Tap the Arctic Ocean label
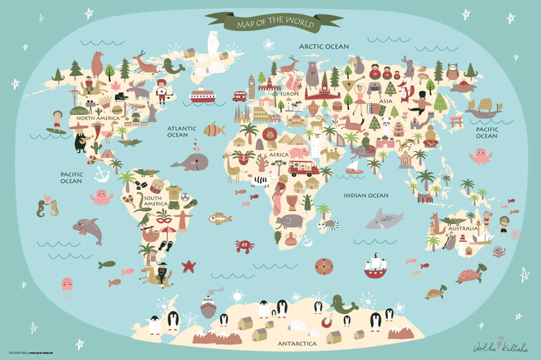324,46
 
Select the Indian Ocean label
366,196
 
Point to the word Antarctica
297,344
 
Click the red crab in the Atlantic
244,246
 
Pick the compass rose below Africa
324,267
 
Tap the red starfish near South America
188,267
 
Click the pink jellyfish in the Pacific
67,285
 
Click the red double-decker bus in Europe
239,96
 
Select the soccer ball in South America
185,197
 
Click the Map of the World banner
275,22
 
